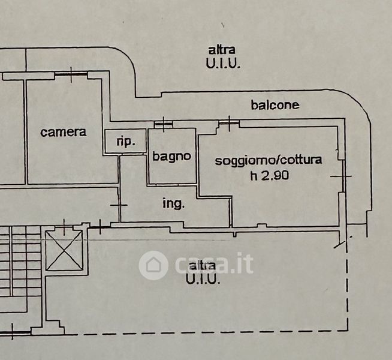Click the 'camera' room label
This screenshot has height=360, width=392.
point(64,132)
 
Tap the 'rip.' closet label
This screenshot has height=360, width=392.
point(126,142)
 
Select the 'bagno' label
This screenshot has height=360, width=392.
point(172,157)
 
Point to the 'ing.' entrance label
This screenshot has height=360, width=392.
point(173,203)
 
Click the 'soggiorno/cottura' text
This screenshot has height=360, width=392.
point(269,160)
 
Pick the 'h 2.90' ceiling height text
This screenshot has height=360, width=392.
point(270,175)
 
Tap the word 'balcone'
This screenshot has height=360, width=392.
point(275,105)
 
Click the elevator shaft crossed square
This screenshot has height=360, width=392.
point(64,250)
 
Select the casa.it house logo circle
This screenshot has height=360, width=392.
point(153,265)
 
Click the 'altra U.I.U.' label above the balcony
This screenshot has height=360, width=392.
point(223,57)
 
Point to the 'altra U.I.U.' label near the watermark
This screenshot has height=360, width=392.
point(203,273)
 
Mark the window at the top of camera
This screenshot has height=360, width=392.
point(71,74)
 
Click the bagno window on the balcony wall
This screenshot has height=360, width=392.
point(164,124)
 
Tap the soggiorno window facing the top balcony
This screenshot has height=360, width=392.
point(229,123)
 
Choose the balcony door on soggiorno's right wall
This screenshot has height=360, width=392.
point(343,176)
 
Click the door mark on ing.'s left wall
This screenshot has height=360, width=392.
point(119,205)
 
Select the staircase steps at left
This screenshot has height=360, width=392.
point(20,260)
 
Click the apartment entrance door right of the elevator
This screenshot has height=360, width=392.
point(100,227)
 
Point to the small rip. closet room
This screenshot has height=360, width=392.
point(125,141)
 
